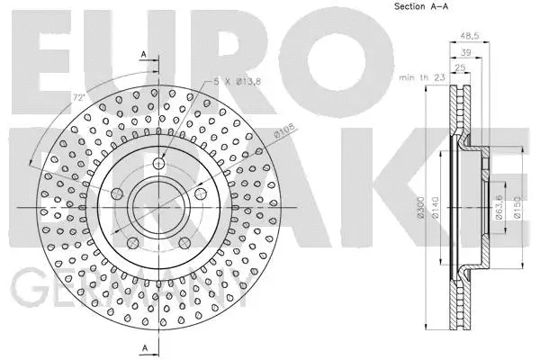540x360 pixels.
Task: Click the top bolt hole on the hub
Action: pos(159,164)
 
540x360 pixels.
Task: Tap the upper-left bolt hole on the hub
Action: pos(117,193)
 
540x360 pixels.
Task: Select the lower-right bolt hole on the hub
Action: pos(185,243)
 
